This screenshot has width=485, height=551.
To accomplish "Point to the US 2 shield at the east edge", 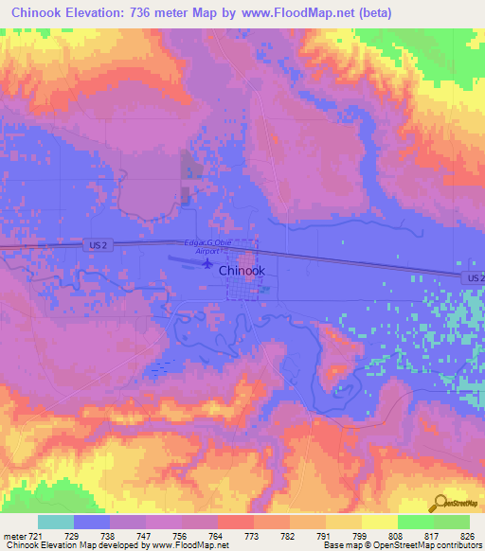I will click(476, 277).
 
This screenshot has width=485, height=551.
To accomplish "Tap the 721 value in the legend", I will click(39, 536).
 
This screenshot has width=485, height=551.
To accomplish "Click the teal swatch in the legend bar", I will click(56, 522).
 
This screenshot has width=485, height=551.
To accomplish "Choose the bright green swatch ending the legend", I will click(452, 522).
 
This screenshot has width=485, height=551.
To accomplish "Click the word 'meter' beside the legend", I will click(16, 536).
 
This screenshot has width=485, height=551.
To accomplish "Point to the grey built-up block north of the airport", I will click(191, 170).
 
